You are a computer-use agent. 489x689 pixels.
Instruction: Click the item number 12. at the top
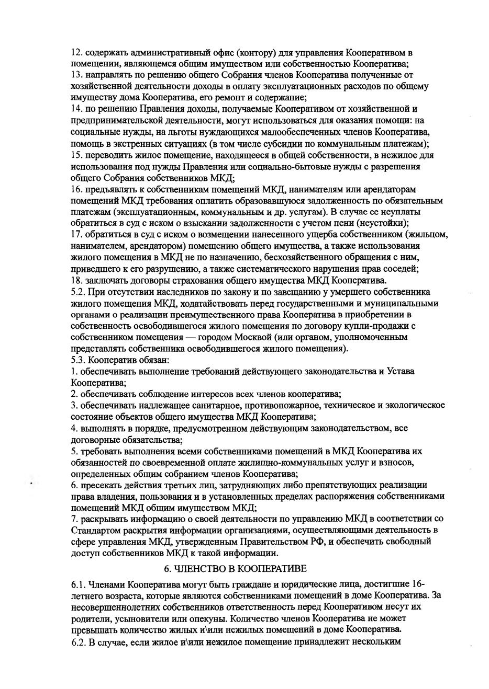(x=76, y=52)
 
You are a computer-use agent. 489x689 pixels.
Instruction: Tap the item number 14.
(x=76, y=109)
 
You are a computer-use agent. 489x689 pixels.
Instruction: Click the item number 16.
(x=76, y=189)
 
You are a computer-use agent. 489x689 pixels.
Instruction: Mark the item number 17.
(x=76, y=234)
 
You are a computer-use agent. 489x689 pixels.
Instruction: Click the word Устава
(x=401, y=371)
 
